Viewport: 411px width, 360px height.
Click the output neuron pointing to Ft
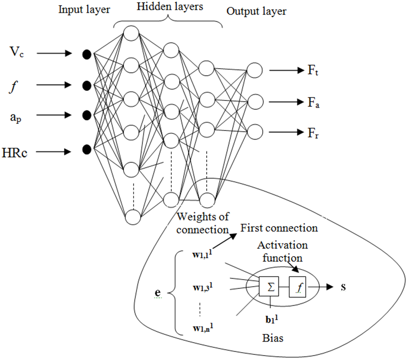pyautogui.click(x=254, y=70)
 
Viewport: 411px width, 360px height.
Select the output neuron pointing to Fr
pyautogui.click(x=254, y=131)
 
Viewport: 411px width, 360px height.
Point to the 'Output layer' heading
pyautogui.click(x=257, y=12)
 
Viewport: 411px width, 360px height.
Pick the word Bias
pyautogui.click(x=273, y=337)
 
